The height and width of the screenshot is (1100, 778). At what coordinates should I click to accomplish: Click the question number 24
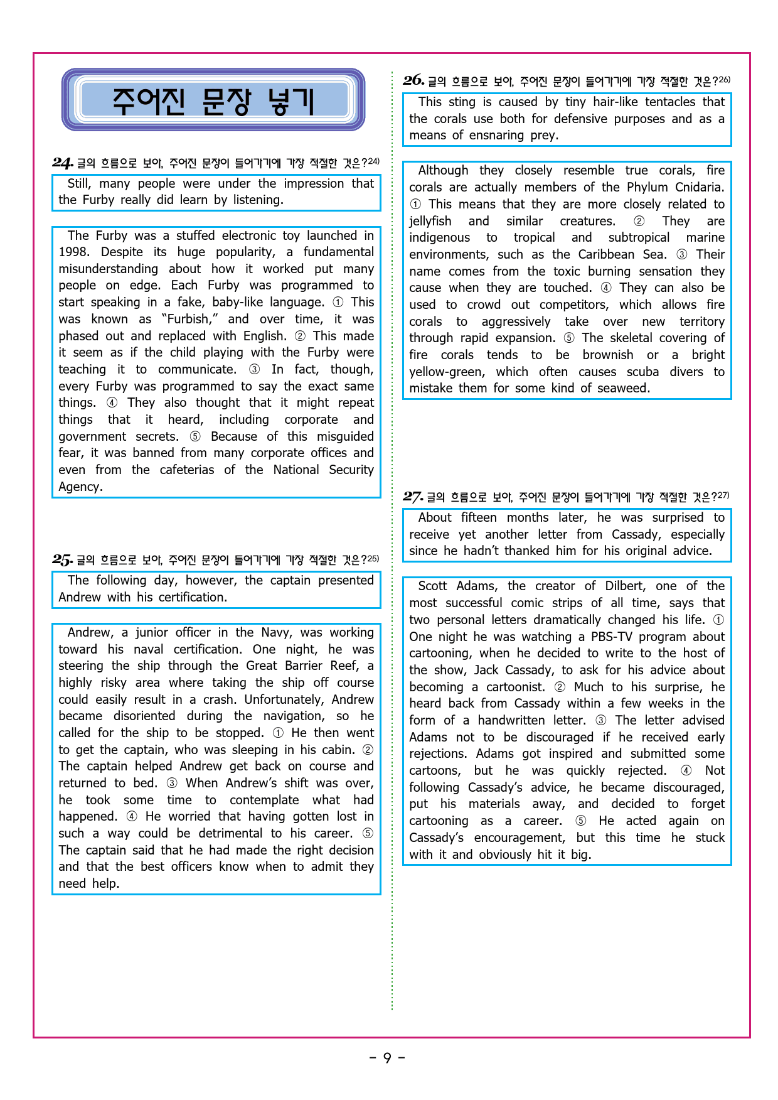point(63,163)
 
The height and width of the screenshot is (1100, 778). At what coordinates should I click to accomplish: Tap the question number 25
point(62,559)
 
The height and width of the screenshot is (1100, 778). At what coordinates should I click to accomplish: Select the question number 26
point(413,80)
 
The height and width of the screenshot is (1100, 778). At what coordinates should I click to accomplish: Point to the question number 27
point(413,497)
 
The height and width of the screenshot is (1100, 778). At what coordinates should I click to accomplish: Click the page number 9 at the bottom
point(387,1058)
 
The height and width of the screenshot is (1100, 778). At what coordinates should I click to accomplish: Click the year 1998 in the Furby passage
point(74,252)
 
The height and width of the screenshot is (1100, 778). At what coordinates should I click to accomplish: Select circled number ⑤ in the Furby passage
point(195,436)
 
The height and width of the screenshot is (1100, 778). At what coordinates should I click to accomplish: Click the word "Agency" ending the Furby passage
point(80,487)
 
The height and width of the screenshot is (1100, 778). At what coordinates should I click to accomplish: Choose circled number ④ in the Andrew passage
point(132,816)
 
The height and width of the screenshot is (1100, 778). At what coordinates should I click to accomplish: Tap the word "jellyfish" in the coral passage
point(430,221)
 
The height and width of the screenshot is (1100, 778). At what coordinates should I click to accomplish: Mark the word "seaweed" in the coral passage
point(623,388)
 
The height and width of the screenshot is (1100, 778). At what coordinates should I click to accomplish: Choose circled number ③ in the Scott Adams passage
point(600,720)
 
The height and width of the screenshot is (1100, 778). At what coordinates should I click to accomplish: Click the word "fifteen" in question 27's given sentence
point(479,517)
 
